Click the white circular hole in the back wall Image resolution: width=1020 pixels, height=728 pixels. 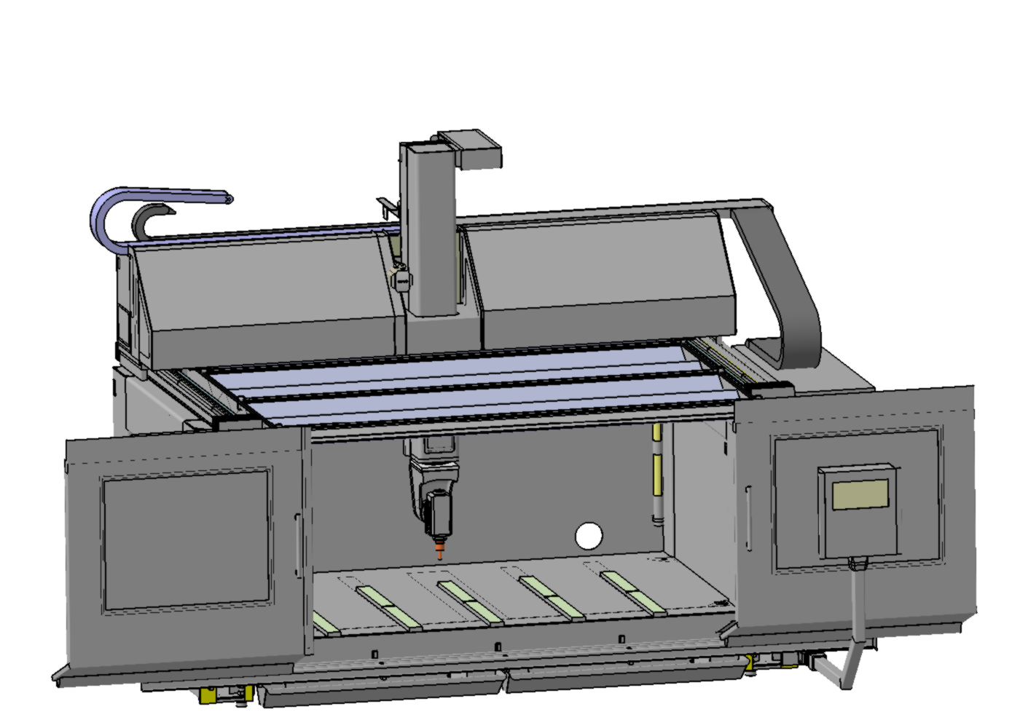point(589,537)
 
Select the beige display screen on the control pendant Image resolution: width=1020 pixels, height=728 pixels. point(860,495)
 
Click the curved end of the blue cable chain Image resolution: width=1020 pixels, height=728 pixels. point(102,218)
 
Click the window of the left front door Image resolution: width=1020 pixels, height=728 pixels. point(187,539)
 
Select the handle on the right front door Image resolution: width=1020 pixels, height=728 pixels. point(748,518)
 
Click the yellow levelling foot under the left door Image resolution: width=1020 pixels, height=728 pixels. point(208,695)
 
